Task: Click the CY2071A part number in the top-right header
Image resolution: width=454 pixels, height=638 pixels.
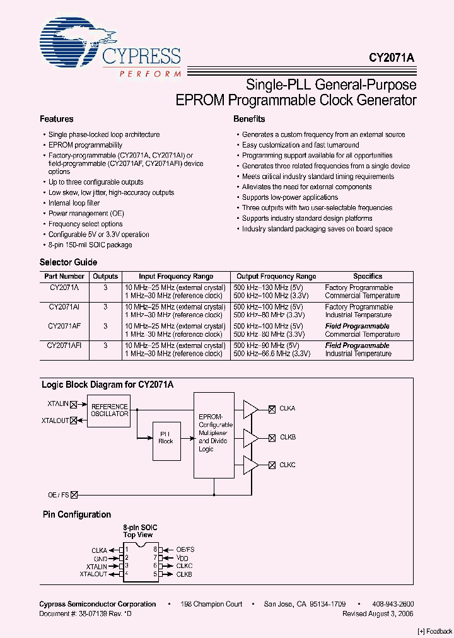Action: (x=392, y=57)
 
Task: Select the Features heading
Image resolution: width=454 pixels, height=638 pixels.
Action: (x=57, y=119)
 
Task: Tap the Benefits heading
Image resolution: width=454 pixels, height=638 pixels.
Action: (x=249, y=119)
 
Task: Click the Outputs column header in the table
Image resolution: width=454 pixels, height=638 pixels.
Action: (x=105, y=276)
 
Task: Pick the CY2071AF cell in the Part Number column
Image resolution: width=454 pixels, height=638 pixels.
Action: (x=64, y=327)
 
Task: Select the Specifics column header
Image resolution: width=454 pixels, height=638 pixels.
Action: (x=368, y=276)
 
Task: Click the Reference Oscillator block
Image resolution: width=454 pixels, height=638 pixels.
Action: (x=109, y=410)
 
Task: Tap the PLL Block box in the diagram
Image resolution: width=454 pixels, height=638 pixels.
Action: (x=166, y=438)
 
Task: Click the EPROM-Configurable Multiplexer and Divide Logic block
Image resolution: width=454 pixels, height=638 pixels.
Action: (x=215, y=434)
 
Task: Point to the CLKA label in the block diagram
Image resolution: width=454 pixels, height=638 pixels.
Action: (x=288, y=409)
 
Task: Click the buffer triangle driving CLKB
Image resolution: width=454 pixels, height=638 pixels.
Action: (x=250, y=437)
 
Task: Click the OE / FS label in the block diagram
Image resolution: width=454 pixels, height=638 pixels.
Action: (x=58, y=495)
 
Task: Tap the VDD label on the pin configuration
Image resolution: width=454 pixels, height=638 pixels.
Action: (x=182, y=558)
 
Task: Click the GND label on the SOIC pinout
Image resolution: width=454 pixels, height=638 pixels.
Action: (x=100, y=558)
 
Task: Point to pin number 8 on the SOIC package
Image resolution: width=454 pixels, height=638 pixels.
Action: (x=154, y=550)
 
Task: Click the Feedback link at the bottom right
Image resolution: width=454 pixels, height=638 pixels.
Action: (x=435, y=631)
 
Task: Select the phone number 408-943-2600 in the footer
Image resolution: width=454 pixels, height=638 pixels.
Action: (x=392, y=604)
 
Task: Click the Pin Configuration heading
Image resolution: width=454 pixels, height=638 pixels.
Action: (x=76, y=514)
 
